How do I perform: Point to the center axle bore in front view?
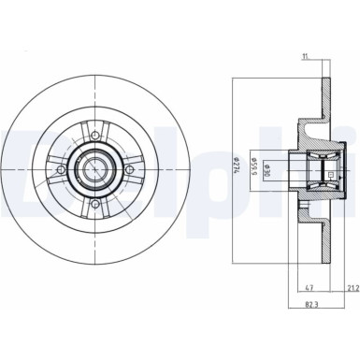95,171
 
